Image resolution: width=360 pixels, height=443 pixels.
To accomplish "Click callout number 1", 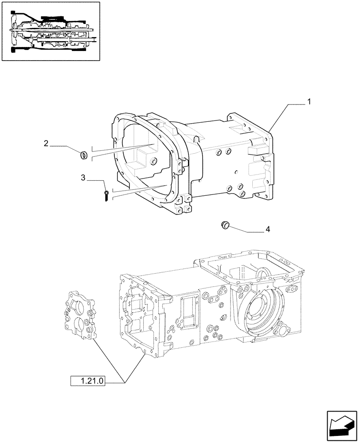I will (x=309, y=101).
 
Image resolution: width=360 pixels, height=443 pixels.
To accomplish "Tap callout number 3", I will (x=83, y=178).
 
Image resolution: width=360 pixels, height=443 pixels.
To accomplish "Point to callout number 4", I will (x=267, y=229).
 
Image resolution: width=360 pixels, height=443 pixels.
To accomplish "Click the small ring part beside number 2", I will (x=82, y=155).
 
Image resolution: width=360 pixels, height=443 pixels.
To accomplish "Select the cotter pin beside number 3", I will (x=107, y=196).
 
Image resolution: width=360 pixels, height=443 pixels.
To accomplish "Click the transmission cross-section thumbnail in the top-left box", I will (x=51, y=34).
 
